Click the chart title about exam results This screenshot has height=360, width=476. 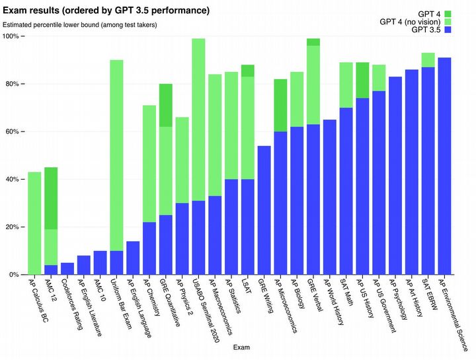106,11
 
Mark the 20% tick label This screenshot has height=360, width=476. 13,227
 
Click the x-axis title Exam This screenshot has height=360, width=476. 241,346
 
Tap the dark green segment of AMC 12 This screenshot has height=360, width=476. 51,198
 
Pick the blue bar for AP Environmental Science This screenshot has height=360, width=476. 444,166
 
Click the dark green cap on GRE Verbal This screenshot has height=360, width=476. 313,42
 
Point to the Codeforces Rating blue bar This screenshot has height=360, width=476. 67,268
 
